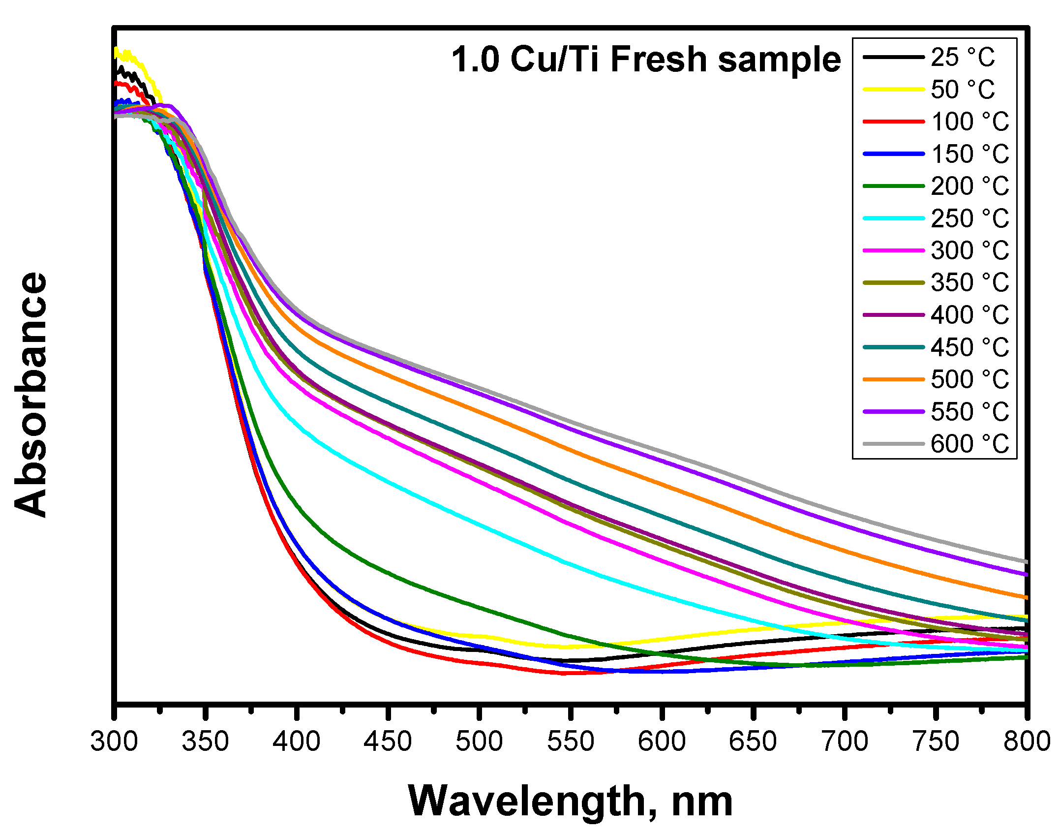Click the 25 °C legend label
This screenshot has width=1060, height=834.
pos(962,58)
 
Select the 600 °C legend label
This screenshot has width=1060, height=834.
pos(969,444)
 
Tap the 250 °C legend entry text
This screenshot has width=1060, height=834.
pos(969,218)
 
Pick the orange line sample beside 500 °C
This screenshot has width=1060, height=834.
pos(893,379)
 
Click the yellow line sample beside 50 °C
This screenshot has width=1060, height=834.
pos(893,90)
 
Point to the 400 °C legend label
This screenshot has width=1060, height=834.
pos(969,315)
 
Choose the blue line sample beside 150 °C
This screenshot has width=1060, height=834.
pos(893,154)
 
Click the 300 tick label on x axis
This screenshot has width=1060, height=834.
pos(114,741)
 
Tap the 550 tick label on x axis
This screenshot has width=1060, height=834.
pos(571,741)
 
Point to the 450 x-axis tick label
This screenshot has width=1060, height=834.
pos(388,741)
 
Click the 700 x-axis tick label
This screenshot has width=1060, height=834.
pos(844,741)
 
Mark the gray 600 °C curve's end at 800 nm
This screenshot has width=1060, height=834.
pos(1025,561)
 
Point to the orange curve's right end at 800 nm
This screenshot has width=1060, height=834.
pos(1025,597)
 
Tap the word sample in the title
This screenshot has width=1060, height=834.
pos(779,60)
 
